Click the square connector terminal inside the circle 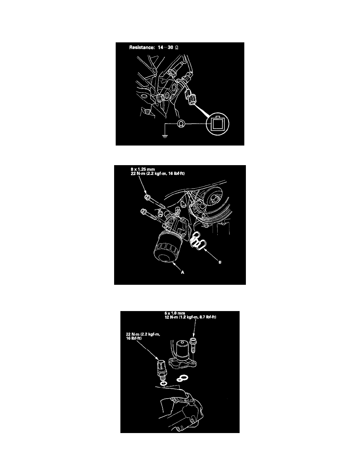click(216, 123)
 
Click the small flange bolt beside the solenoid click(193, 344)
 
